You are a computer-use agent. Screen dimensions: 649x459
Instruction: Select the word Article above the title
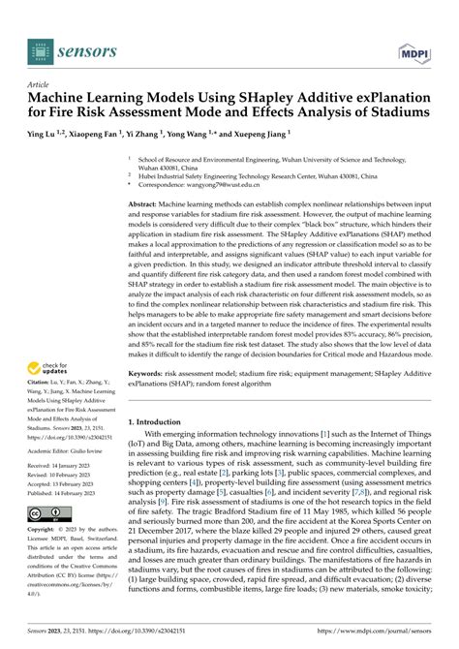pos(39,85)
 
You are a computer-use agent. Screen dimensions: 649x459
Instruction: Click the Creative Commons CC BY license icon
pos(49,512)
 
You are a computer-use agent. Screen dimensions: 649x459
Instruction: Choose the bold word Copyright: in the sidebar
pos(46,531)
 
